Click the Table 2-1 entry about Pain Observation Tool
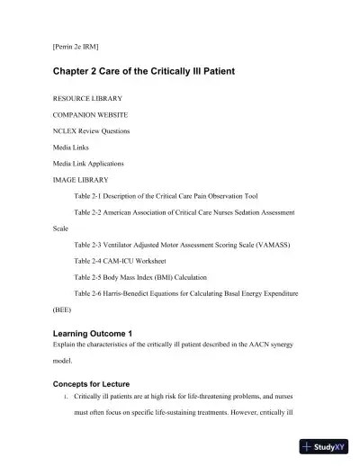tap(166, 195)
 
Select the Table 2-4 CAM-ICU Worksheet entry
tap(132, 260)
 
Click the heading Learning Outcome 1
tap(94, 334)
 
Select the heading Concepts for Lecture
tap(97, 384)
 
